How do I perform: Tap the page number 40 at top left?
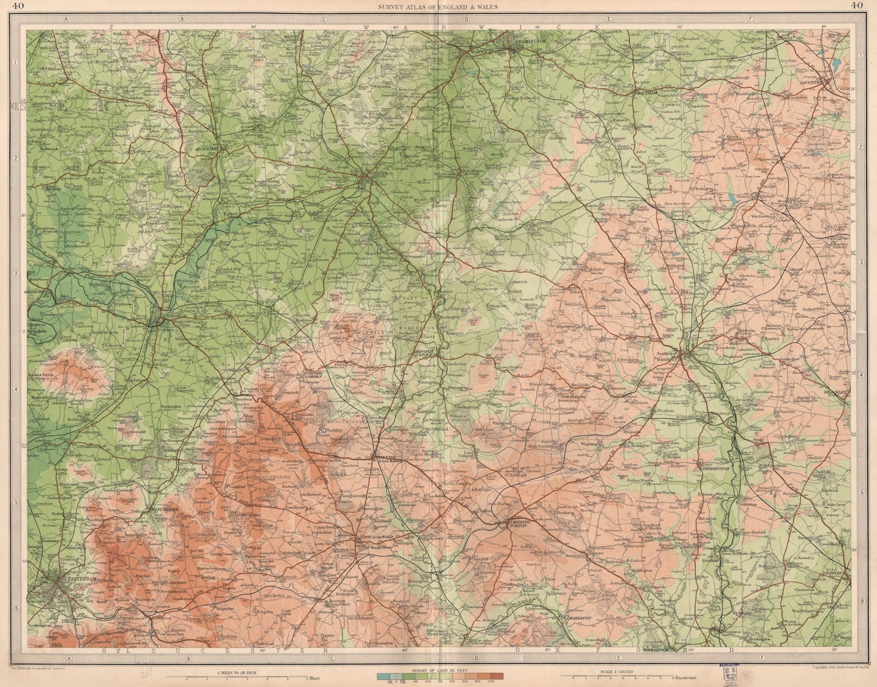[18, 6]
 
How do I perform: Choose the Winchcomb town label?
[162, 508]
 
